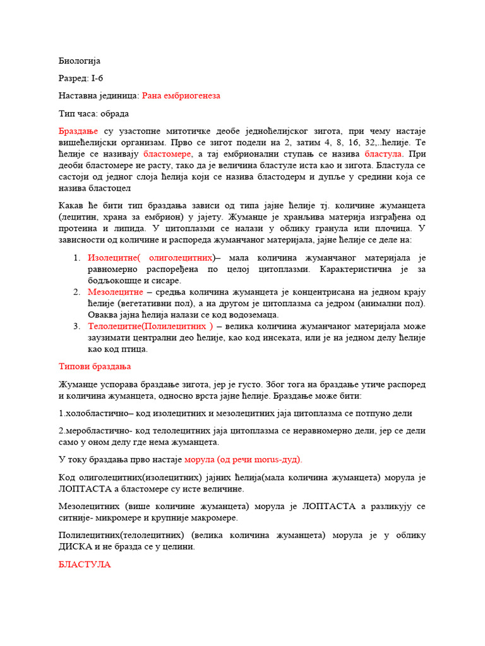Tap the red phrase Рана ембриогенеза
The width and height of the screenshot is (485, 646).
(181, 96)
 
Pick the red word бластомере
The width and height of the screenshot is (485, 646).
(167, 154)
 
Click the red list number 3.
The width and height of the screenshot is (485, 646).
(76, 326)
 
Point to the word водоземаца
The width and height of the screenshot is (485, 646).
(252, 315)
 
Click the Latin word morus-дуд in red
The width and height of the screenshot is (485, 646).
(273, 459)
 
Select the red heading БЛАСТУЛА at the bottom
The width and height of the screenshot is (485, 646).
(84, 565)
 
